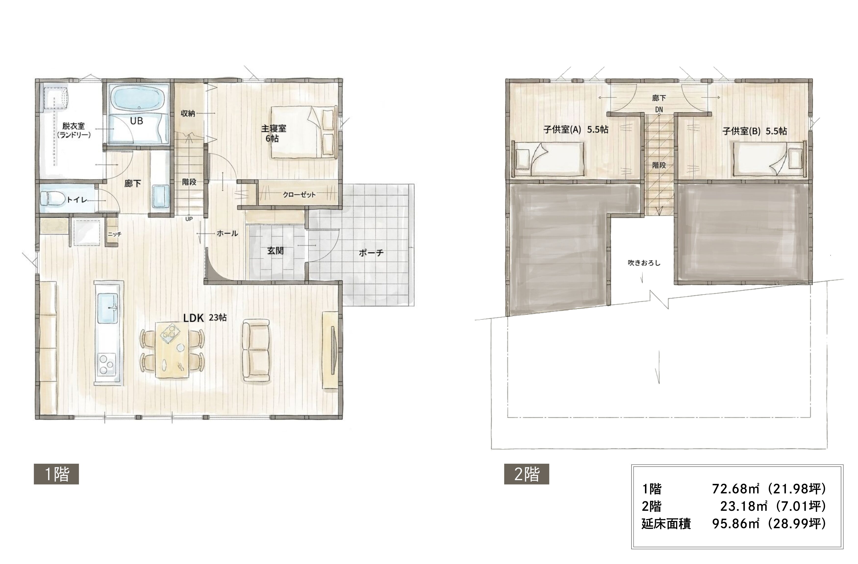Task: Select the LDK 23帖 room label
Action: point(205,318)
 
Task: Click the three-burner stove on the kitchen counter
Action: point(107,365)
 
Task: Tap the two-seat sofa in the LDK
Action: point(256,350)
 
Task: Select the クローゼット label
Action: point(299,195)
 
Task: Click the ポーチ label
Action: point(371,253)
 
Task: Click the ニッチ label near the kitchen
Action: point(115,234)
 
